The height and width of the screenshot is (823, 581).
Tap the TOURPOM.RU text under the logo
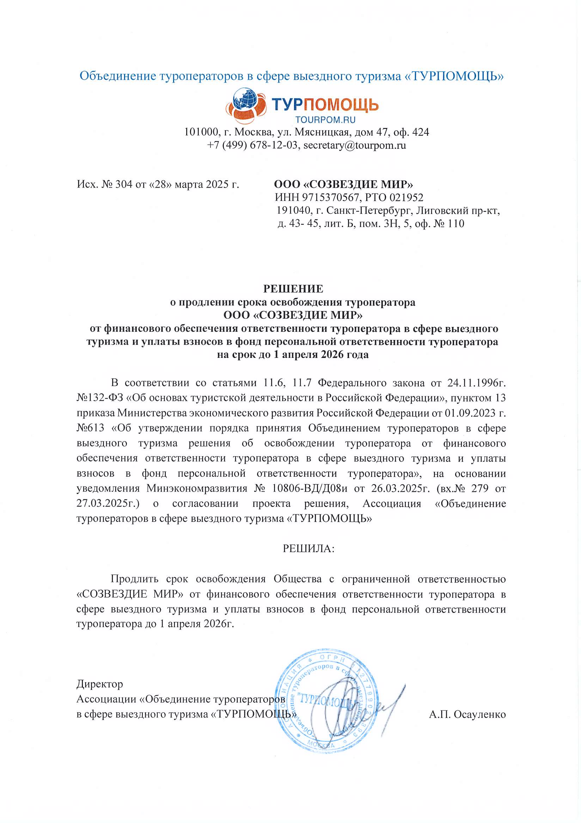(325, 120)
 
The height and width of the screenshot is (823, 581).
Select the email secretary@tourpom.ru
(354, 145)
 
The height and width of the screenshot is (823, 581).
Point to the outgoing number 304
(124, 184)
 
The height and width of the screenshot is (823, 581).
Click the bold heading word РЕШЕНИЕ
(293, 288)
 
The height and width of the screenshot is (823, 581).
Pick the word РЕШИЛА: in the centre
(308, 548)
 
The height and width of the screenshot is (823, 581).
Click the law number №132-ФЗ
(100, 398)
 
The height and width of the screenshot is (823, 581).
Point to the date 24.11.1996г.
(476, 383)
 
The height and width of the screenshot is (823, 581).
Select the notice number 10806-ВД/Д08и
(310, 488)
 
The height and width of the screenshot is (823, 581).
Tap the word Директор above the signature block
(100, 684)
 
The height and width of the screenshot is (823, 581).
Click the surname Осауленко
(479, 714)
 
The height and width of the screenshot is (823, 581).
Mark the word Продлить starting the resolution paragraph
(134, 579)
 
